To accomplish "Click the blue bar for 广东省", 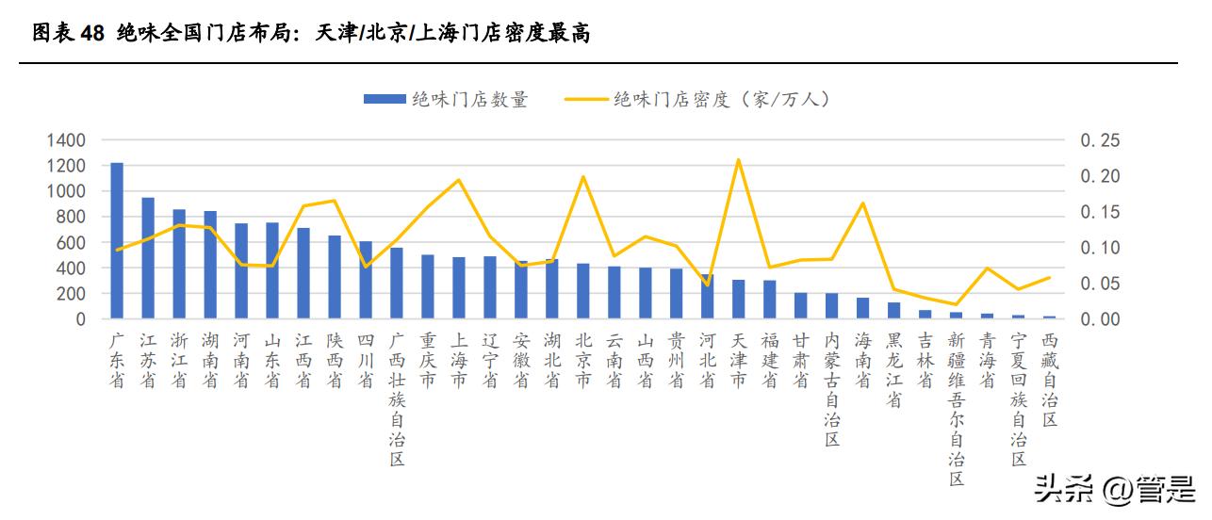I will [117, 241].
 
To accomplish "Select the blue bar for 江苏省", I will [148, 258].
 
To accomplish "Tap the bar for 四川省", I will [366, 280].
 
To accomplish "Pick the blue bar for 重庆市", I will [428, 286].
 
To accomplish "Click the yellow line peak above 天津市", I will [738, 159].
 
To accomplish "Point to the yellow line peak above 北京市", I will [582, 176].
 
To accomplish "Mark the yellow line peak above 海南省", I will [862, 203].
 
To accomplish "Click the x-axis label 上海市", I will [459, 360].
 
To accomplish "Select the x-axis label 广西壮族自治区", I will [397, 398].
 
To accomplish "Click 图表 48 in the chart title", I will [68, 35].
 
